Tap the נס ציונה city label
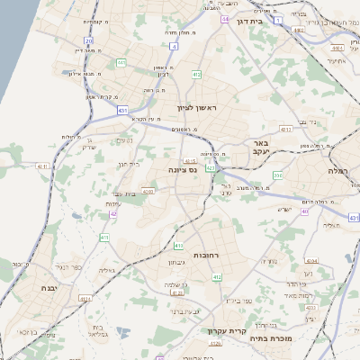(183, 168)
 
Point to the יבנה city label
(47, 287)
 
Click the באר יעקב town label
(262, 148)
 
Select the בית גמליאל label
(102, 330)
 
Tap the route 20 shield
(87, 40)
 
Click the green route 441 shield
(121, 63)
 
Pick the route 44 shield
(224, 19)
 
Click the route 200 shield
(277, 175)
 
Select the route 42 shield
(113, 214)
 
